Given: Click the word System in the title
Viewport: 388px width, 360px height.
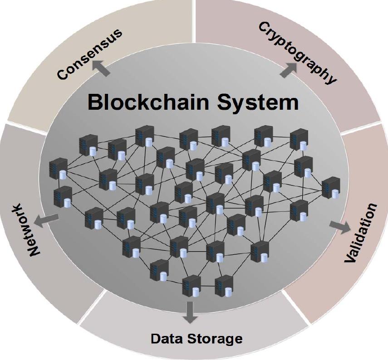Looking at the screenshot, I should point(257,103).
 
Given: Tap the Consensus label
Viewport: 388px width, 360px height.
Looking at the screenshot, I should point(90,54).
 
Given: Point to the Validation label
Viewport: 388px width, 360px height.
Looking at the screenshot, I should point(361,233).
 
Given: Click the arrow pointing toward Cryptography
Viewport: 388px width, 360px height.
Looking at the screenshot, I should point(289,69).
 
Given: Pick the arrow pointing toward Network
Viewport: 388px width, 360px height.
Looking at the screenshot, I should point(46,219).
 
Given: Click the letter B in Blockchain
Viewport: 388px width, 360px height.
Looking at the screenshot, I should point(96,102).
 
